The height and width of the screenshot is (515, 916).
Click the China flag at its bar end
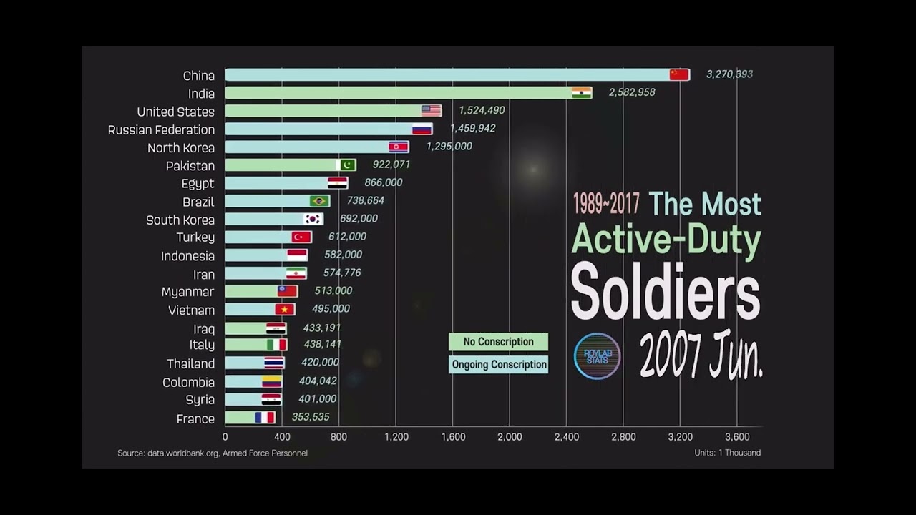(679, 74)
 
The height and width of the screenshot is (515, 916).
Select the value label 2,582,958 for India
(632, 92)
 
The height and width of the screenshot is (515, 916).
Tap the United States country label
(175, 112)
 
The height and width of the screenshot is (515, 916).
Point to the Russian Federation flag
(422, 129)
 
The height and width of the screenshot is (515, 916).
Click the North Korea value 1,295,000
(449, 147)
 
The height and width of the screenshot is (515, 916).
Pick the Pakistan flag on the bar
(346, 165)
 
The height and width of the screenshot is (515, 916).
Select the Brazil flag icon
(319, 201)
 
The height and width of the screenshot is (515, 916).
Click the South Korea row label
(180, 220)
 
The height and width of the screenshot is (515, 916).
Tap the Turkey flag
(301, 237)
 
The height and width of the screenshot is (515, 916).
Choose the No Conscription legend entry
(498, 342)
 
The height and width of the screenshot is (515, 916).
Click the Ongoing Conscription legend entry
(499, 365)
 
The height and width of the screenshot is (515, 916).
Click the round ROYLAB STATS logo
(597, 356)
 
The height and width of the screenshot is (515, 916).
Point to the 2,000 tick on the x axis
(509, 437)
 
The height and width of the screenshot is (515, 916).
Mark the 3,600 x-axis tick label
(736, 437)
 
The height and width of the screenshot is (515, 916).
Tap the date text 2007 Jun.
(701, 355)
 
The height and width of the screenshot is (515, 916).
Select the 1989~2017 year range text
(605, 205)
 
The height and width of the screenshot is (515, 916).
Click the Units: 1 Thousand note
(727, 453)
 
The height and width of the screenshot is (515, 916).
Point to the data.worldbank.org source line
(213, 453)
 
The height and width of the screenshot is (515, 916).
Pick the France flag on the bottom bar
(265, 418)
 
